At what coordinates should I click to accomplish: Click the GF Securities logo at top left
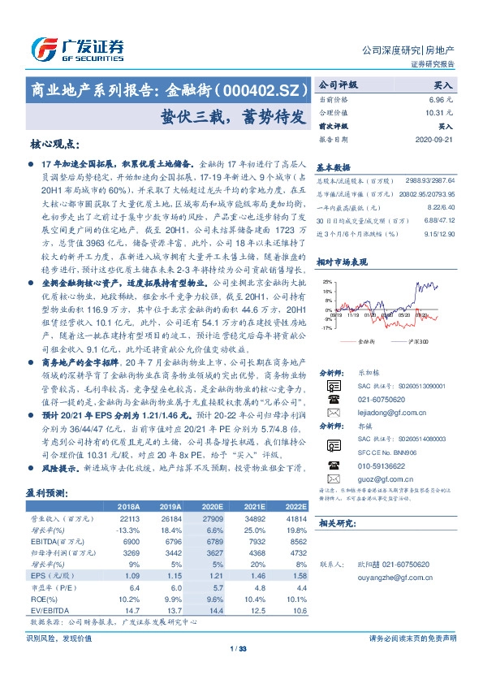pos(76,49)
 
